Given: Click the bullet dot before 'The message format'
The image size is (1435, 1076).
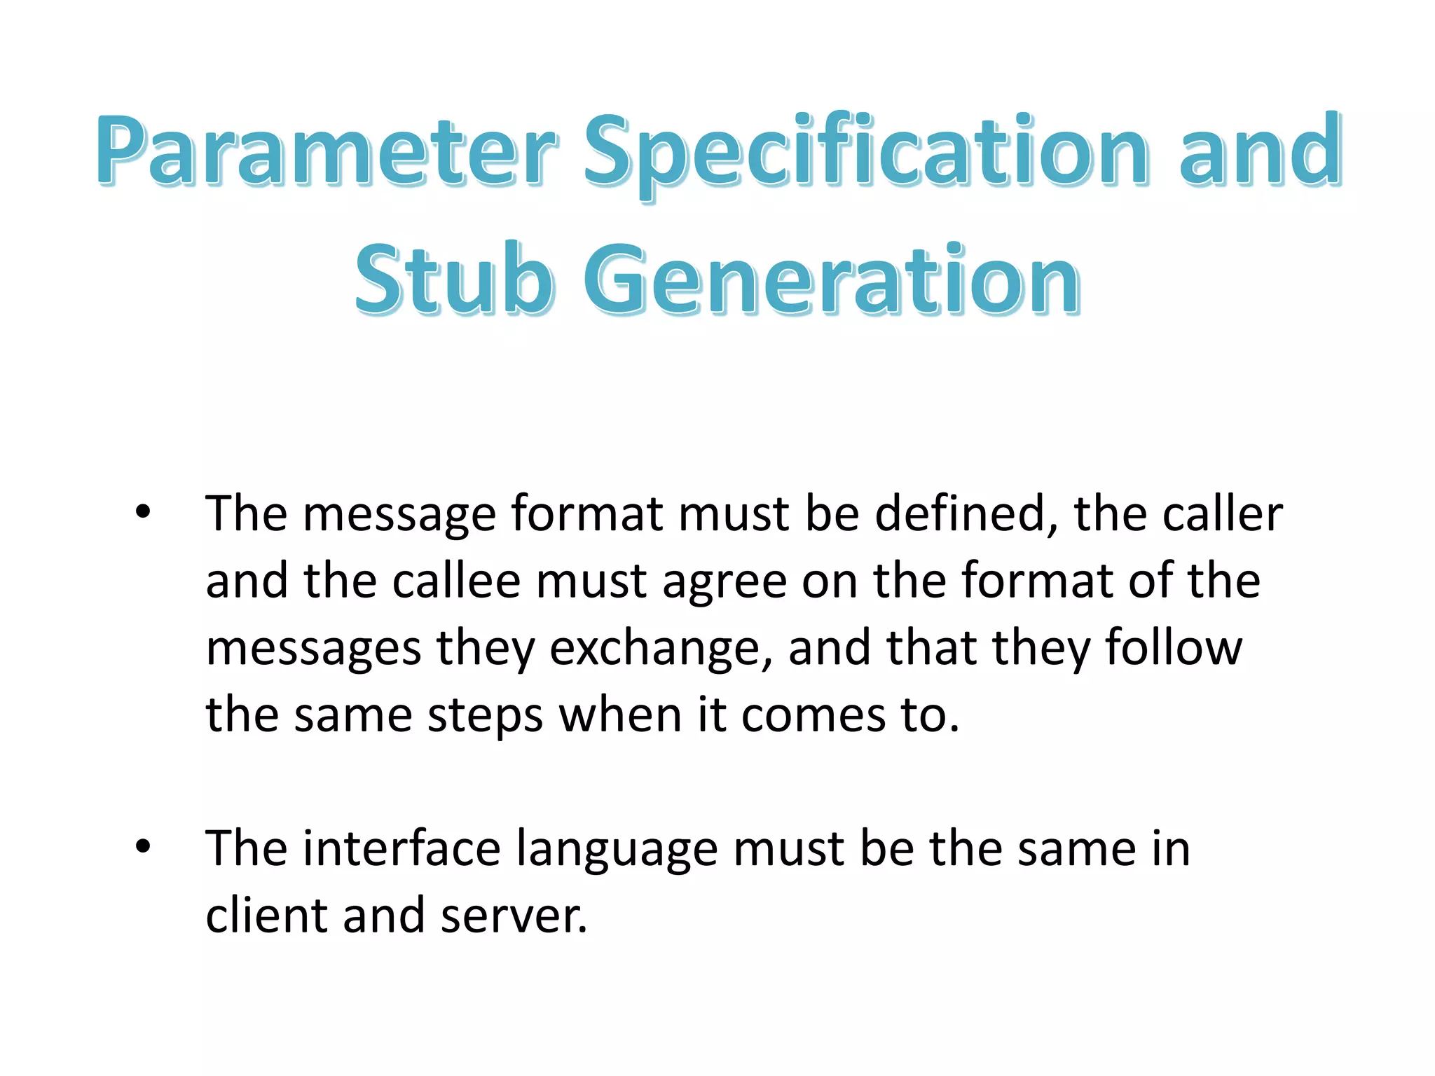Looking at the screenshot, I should click(143, 513).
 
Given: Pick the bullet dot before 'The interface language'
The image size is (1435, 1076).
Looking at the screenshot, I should click(143, 847).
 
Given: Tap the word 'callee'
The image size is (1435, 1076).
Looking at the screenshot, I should click(456, 581).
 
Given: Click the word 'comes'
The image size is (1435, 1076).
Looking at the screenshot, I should click(813, 716).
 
